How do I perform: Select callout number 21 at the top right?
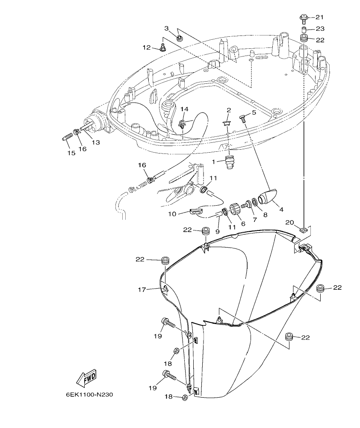pos(320,17)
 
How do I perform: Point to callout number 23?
pos(320,29)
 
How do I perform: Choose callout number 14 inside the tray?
pos(184,109)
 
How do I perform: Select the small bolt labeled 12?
pos(163,47)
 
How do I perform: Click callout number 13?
pos(96,142)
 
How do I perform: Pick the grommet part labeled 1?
pos(231,163)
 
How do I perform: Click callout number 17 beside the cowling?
pos(142,289)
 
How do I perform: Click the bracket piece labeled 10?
pos(196,210)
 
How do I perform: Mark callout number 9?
pos(217,231)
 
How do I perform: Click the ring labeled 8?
pos(254,201)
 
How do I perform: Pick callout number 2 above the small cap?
pos(229,110)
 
